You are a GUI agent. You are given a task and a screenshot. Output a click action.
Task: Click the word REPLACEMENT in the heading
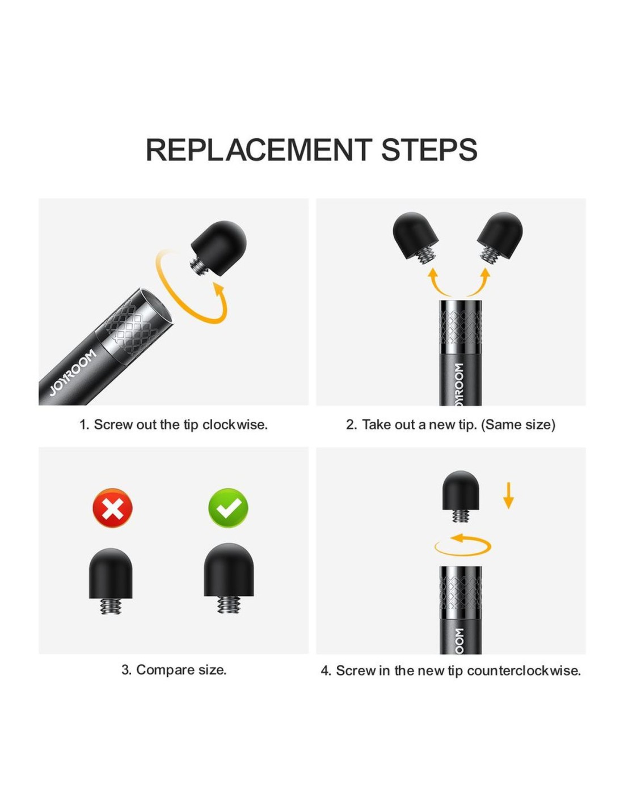coord(259,150)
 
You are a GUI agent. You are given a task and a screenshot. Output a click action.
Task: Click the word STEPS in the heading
coord(429,150)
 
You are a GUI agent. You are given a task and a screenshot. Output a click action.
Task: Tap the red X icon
coord(112,508)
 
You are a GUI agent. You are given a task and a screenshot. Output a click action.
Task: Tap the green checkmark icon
coord(228,508)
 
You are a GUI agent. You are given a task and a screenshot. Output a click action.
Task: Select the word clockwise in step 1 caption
coord(235,425)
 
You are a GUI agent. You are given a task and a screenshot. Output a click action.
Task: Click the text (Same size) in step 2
coord(518,425)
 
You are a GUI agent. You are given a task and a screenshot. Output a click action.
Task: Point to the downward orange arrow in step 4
coord(508,495)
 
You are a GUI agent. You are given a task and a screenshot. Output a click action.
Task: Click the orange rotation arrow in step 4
coord(462,545)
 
